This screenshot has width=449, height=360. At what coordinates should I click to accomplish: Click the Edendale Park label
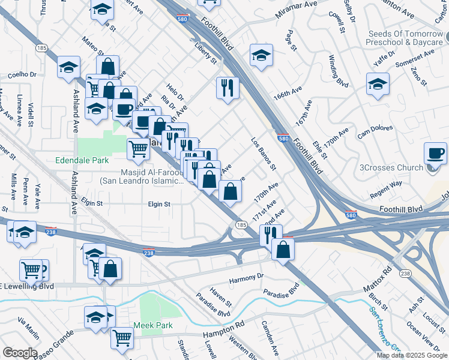81,160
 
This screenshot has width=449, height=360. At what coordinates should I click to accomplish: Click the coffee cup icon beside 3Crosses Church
435,154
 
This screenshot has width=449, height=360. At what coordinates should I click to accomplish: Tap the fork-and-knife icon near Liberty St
228,88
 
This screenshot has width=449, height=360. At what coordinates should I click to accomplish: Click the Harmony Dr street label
246,278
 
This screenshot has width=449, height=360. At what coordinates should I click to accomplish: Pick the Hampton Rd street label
223,325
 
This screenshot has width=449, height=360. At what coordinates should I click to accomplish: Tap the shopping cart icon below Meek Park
122,338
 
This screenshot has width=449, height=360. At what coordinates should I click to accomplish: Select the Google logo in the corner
20,353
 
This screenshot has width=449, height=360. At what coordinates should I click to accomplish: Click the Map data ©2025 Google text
412,355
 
